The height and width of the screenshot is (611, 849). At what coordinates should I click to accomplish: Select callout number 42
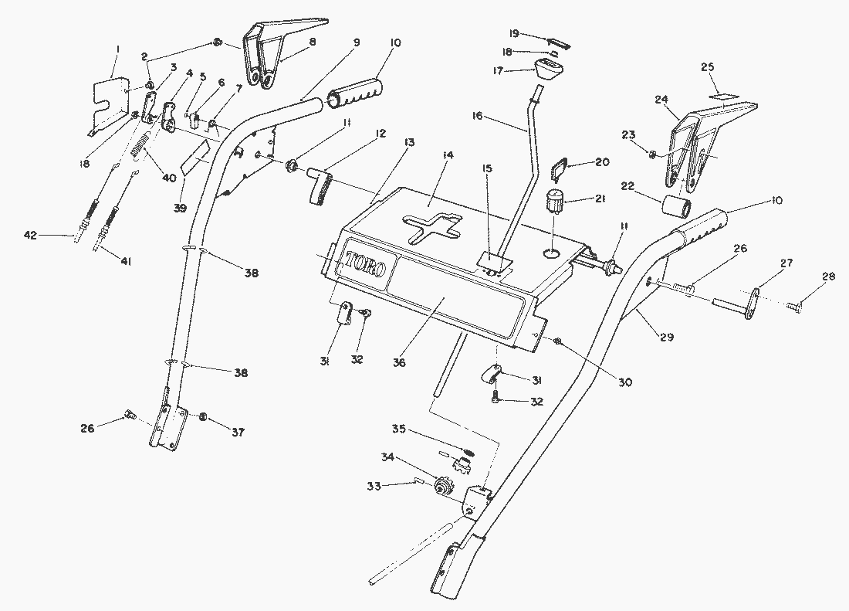(x=29, y=236)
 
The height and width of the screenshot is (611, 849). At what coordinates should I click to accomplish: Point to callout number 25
(x=707, y=67)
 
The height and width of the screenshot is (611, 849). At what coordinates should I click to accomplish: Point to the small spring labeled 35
(x=469, y=451)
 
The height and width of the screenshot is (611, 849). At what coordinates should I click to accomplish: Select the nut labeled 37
(x=203, y=417)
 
